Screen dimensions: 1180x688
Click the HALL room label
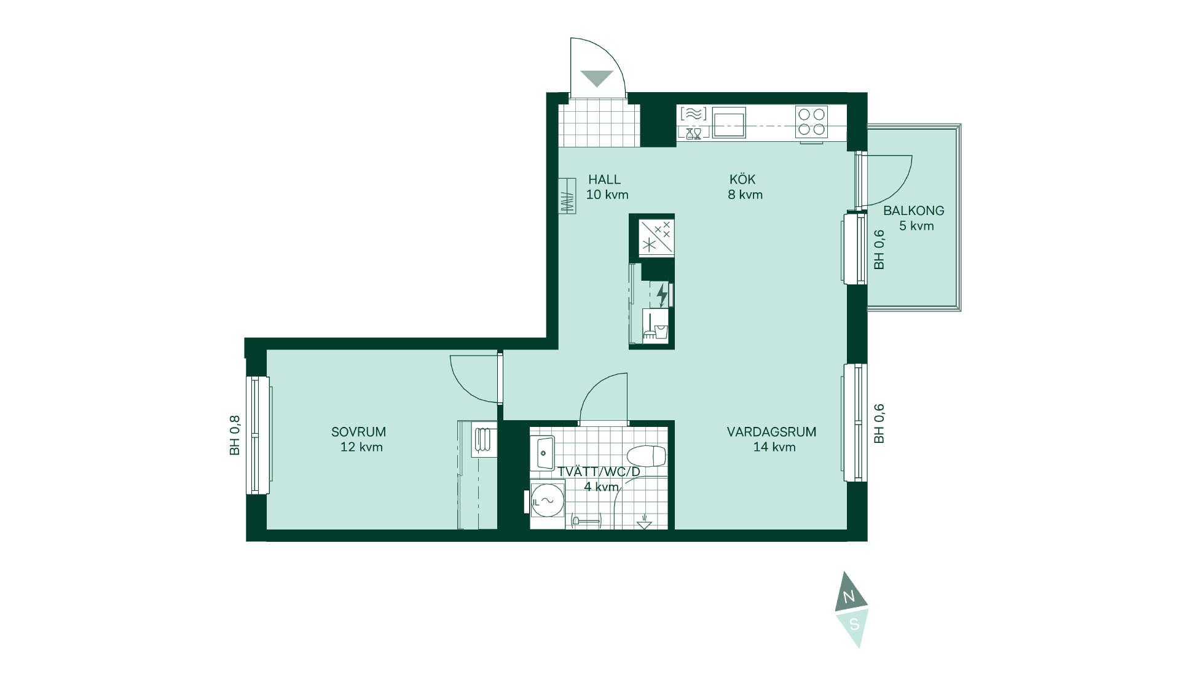(x=605, y=179)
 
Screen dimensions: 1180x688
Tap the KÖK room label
(x=742, y=179)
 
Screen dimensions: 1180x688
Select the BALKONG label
(x=914, y=211)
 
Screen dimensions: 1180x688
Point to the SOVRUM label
(x=359, y=432)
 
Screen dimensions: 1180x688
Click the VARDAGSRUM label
(x=772, y=432)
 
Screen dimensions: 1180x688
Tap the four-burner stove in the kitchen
(x=811, y=122)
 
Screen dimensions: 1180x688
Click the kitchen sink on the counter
(x=729, y=123)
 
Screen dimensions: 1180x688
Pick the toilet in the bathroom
(x=647, y=456)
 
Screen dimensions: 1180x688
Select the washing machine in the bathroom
(x=547, y=501)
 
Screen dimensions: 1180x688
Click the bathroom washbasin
(x=543, y=453)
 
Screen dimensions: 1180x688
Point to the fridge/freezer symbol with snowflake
(x=656, y=237)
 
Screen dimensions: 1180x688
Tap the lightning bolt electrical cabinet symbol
(x=662, y=294)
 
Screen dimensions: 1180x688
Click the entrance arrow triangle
(x=597, y=79)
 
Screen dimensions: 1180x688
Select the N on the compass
(x=849, y=596)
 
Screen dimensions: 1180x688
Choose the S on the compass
(x=854, y=625)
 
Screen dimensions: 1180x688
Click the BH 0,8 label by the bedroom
(x=234, y=436)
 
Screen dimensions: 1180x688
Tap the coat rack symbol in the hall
(x=567, y=196)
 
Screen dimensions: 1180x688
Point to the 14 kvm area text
(x=774, y=447)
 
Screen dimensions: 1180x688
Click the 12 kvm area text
(x=361, y=447)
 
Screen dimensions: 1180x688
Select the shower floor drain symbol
(x=643, y=522)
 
